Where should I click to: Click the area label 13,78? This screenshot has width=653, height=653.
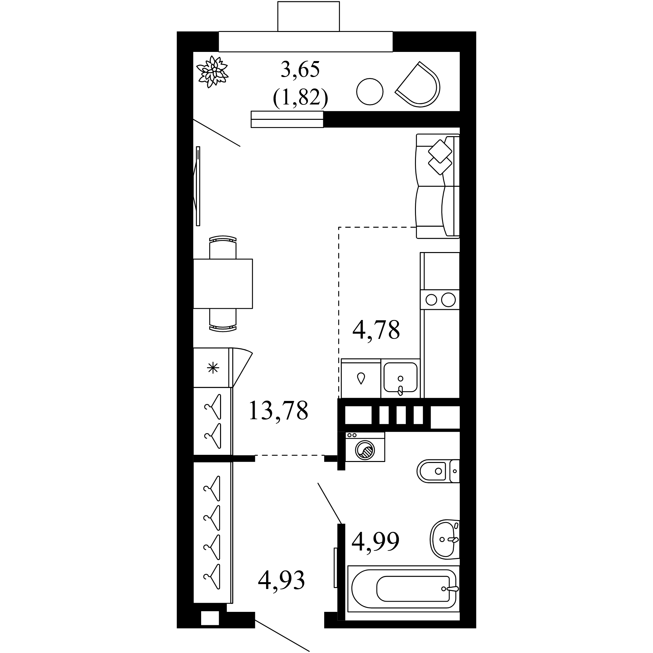coord(278,411)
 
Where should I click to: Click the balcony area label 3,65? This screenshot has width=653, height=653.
coord(300,70)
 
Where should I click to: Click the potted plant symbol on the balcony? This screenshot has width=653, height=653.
coord(213,72)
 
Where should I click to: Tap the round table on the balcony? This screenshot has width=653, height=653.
coord(370,92)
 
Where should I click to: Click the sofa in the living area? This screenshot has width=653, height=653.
coord(438,186)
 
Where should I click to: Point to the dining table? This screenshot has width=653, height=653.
coord(223,284)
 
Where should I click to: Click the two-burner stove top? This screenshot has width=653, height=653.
coord(440,300)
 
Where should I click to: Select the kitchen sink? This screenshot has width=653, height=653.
coord(401,378)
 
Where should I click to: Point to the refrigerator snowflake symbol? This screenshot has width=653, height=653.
coord(213,368)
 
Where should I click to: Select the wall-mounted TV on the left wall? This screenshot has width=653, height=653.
coord(197,186)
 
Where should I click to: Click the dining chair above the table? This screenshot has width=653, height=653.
coord(223,247)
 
